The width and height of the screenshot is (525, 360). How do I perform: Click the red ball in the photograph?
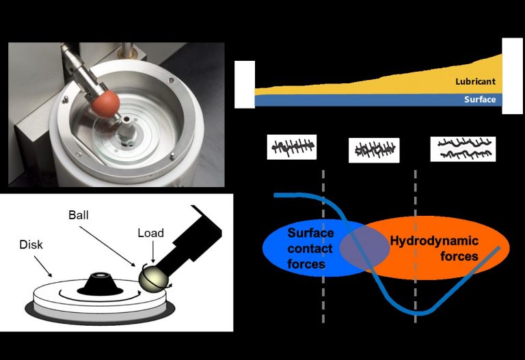pyautogui.click(x=107, y=102)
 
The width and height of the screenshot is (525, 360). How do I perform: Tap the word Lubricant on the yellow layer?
pyautogui.click(x=475, y=81)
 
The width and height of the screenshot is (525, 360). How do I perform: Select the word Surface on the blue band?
pyautogui.click(x=480, y=100)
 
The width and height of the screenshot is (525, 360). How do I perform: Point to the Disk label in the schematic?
pyautogui.click(x=33, y=243)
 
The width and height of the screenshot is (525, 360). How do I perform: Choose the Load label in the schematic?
pyautogui.click(x=150, y=233)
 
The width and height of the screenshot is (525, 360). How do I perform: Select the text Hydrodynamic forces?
pyautogui.click(x=433, y=249)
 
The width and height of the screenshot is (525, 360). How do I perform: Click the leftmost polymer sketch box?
pyautogui.click(x=291, y=147)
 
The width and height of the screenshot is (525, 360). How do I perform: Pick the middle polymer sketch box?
pyautogui.click(x=374, y=150)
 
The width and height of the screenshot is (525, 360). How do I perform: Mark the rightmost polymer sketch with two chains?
pyautogui.click(x=463, y=149)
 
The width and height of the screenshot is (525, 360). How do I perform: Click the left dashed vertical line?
pyautogui.click(x=323, y=301)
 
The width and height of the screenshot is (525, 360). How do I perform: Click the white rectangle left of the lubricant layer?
pyautogui.click(x=244, y=84)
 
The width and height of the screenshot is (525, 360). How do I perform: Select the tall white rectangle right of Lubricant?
pyautogui.click(x=512, y=75)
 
